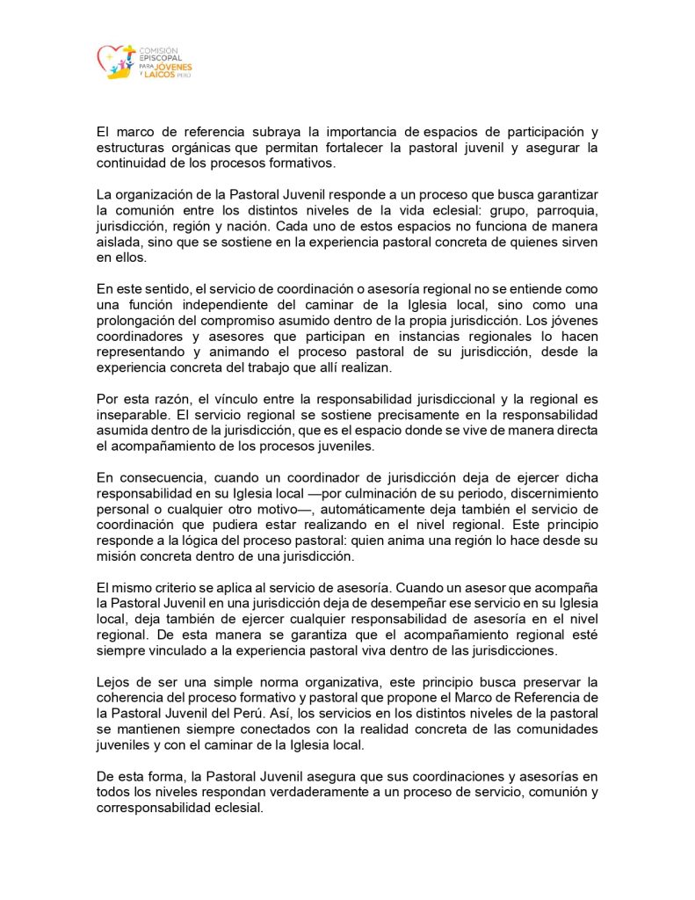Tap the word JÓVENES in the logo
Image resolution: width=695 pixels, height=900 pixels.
pos(175,67)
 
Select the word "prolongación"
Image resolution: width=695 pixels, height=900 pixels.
pos(141,322)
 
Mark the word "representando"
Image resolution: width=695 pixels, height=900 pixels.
pos(140,352)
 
